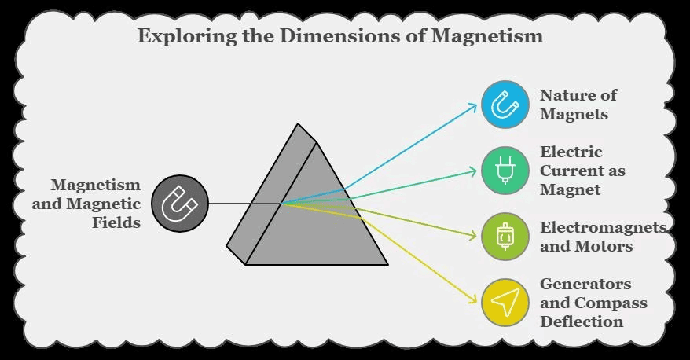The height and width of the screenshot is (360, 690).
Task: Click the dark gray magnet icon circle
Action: click(x=180, y=204)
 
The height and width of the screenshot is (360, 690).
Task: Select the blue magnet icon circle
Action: click(x=505, y=105)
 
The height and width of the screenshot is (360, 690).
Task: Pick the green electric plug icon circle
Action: click(x=505, y=171)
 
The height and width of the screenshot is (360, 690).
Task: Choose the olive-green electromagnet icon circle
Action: click(x=505, y=236)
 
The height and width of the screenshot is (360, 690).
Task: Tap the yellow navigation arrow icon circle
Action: click(x=505, y=303)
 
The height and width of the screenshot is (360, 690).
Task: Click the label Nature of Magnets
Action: click(x=578, y=105)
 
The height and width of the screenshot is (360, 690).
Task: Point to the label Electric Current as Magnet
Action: click(x=582, y=171)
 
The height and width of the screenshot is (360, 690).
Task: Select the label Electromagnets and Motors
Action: click(x=602, y=236)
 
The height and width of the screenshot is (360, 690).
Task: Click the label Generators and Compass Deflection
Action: click(x=593, y=303)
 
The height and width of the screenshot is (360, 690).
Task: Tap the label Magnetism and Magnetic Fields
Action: click(x=96, y=204)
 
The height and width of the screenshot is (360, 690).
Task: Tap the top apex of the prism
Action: click(x=298, y=124)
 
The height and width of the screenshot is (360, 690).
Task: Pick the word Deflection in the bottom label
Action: click(x=581, y=321)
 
